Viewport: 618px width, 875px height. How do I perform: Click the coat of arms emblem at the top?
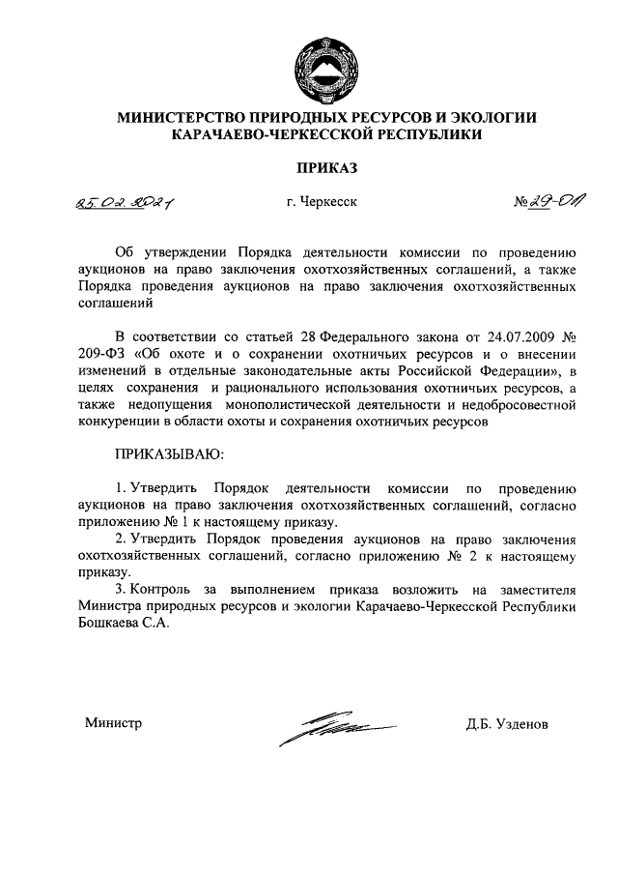tap(326, 61)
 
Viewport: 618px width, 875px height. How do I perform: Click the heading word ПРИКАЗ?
tap(326, 168)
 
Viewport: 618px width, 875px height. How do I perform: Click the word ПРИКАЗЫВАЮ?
tap(170, 452)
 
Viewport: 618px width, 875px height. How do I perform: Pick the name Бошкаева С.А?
tap(122, 623)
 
